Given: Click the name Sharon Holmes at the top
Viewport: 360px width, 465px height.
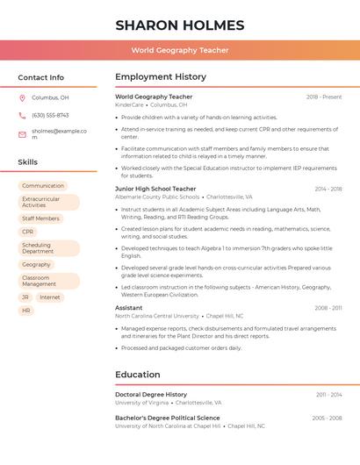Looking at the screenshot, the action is click(179, 25).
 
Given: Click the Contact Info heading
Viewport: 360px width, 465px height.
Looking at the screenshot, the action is click(40, 77).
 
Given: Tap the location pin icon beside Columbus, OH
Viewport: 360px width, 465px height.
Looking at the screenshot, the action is click(22, 97).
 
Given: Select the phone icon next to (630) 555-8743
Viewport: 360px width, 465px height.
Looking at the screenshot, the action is click(22, 115).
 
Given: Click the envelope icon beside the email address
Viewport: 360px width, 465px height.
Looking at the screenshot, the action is click(22, 134).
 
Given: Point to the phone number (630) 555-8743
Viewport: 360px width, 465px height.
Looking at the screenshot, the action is click(50, 115).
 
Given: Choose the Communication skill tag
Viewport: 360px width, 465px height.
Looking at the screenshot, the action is click(43, 186).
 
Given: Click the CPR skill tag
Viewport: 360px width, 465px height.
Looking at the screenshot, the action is click(27, 232).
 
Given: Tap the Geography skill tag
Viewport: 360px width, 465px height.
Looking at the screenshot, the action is click(36, 264).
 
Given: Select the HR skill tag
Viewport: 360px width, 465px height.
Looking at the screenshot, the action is click(26, 311).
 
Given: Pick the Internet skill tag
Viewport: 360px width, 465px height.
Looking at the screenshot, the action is click(50, 297).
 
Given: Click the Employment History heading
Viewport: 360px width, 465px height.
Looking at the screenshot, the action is click(160, 76).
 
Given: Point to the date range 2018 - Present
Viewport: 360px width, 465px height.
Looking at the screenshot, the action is click(324, 97).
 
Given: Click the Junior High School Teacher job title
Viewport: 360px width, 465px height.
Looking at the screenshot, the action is click(155, 189).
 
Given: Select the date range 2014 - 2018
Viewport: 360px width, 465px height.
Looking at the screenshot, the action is click(328, 189).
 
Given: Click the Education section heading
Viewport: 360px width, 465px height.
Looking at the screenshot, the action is click(137, 375).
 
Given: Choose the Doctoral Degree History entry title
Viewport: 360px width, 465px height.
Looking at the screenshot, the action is click(151, 395).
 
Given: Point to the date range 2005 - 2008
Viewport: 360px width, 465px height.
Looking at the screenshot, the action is click(327, 418).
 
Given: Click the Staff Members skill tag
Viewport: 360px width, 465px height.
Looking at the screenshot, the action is click(40, 218).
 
